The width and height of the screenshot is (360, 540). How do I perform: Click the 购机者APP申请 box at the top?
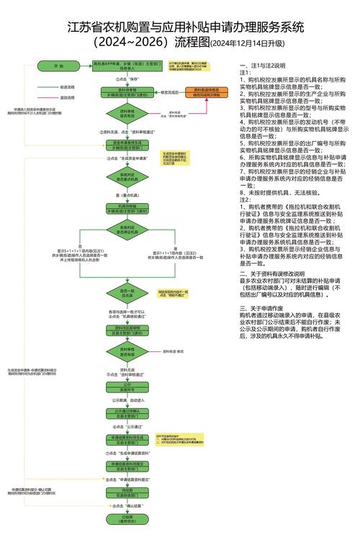pos(127,65)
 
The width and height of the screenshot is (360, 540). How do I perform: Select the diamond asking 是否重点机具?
pos(127,177)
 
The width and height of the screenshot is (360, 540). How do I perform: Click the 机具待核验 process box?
pos(127,209)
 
